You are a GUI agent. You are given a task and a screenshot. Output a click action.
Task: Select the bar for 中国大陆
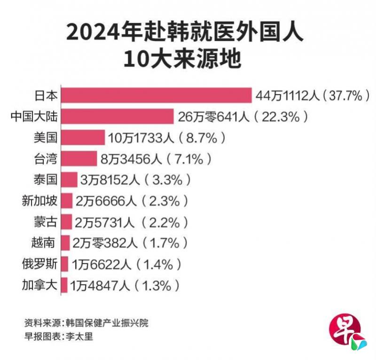tap(118, 116)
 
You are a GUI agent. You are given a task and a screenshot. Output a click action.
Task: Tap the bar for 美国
tap(83, 137)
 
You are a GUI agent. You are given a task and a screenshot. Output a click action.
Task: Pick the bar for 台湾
tap(79, 158)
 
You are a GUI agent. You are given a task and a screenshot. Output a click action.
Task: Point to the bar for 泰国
tap(69, 180)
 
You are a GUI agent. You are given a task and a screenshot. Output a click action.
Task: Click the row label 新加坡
tap(40, 201)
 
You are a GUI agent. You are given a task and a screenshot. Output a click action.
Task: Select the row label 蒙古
tap(46, 222)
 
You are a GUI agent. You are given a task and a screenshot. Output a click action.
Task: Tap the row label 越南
tap(46, 243)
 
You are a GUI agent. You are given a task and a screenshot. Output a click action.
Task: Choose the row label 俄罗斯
tap(40, 264)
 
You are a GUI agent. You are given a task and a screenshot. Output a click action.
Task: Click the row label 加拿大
tap(40, 285)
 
